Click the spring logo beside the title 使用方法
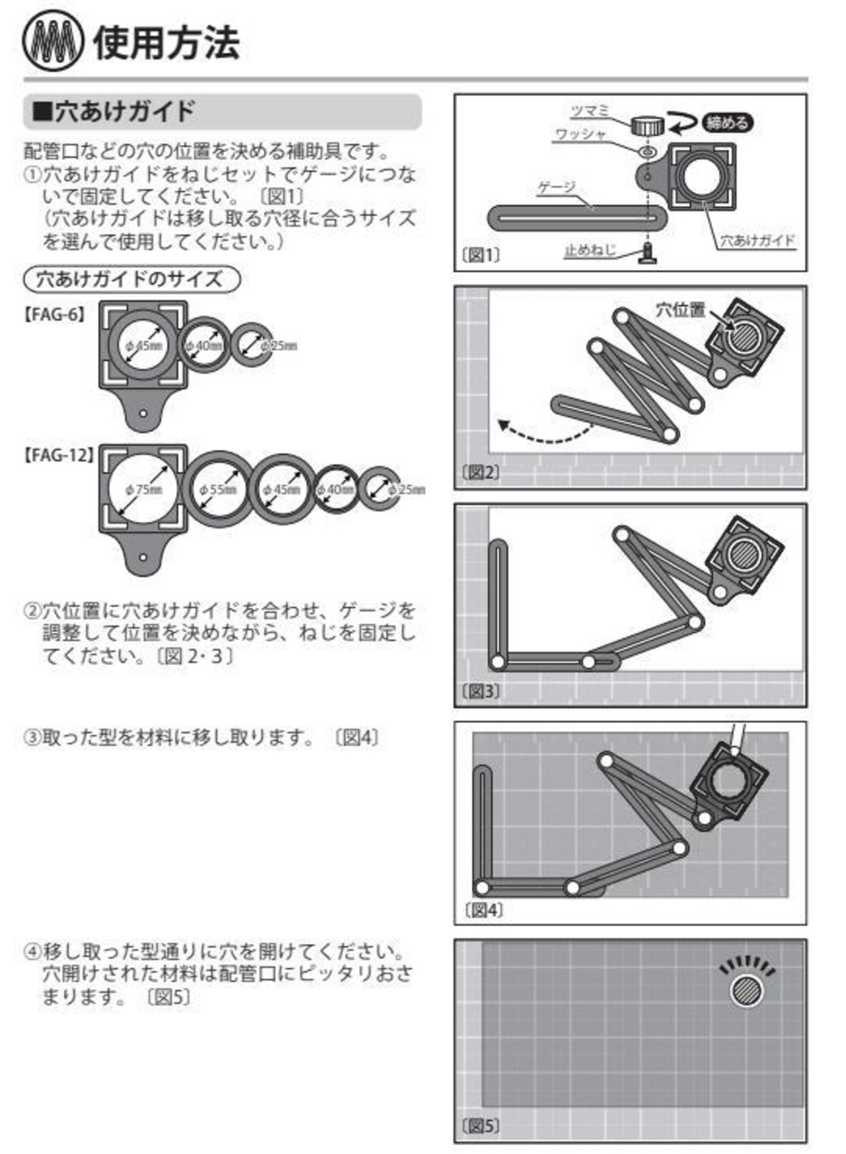(53, 43)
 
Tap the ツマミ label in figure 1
(590, 110)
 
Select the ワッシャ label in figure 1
(580, 134)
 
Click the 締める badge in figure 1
(727, 122)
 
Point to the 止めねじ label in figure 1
(590, 250)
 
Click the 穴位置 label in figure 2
(680, 309)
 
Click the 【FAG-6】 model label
(55, 315)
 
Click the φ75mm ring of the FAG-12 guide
(143, 488)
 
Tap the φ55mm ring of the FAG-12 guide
(218, 489)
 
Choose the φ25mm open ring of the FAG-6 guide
(252, 344)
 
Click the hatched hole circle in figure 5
(746, 991)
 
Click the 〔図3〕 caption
(481, 691)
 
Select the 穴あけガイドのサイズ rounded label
(132, 279)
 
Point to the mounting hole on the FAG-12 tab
(143, 557)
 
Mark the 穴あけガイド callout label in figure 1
(757, 241)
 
